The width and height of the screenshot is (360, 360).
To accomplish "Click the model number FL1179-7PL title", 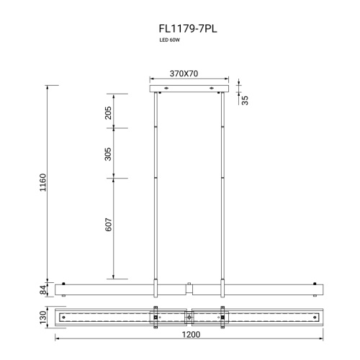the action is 188,29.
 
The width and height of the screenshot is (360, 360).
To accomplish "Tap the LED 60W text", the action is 170,40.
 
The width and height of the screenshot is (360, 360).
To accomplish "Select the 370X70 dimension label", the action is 184,73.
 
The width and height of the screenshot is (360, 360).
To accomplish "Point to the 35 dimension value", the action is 245,100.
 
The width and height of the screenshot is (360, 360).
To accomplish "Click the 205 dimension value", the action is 108,113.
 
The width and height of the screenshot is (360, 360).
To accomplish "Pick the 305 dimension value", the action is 108,154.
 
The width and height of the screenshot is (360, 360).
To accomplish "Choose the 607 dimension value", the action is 109,225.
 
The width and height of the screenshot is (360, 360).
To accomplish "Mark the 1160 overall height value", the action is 42,182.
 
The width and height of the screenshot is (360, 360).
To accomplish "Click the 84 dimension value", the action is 43,289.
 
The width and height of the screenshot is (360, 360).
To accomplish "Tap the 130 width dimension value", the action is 43,318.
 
